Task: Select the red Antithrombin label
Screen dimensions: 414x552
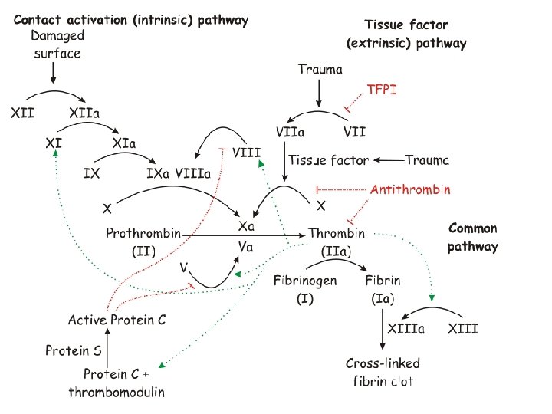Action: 411,189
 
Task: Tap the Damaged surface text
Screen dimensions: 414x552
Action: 57,44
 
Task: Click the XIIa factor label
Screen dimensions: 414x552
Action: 85,113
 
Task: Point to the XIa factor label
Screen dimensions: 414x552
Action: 123,143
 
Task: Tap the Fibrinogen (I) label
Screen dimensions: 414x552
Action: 305,289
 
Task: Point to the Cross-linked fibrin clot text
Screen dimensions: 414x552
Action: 383,371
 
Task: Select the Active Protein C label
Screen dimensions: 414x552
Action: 117,320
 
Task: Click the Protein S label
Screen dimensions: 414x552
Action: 73,351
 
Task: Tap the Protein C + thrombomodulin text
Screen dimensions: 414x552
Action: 117,383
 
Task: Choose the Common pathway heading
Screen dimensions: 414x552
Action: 472,237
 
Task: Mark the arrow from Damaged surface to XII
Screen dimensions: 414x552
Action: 52,73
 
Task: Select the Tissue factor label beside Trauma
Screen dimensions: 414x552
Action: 328,160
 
